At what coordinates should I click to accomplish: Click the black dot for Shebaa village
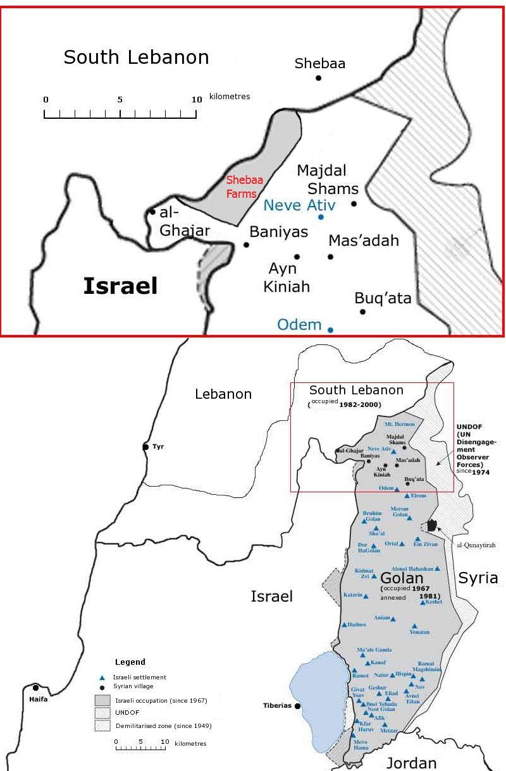coord(319,78)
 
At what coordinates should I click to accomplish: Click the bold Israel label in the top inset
coord(120,286)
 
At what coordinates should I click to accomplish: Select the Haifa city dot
coord(36,688)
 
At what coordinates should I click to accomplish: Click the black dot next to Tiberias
coord(298,706)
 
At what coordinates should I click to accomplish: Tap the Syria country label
coord(478,578)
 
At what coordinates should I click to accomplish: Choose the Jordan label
coord(411,763)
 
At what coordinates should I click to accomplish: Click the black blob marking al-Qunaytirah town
coord(433,525)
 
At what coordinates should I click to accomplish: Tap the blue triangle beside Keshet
coord(422,602)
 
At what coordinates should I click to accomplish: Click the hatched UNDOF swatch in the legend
coord(102,713)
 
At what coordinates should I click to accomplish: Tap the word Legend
coord(130,662)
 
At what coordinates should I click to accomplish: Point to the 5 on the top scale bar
coord(120,99)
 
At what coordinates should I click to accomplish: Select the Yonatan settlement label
coord(420,631)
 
